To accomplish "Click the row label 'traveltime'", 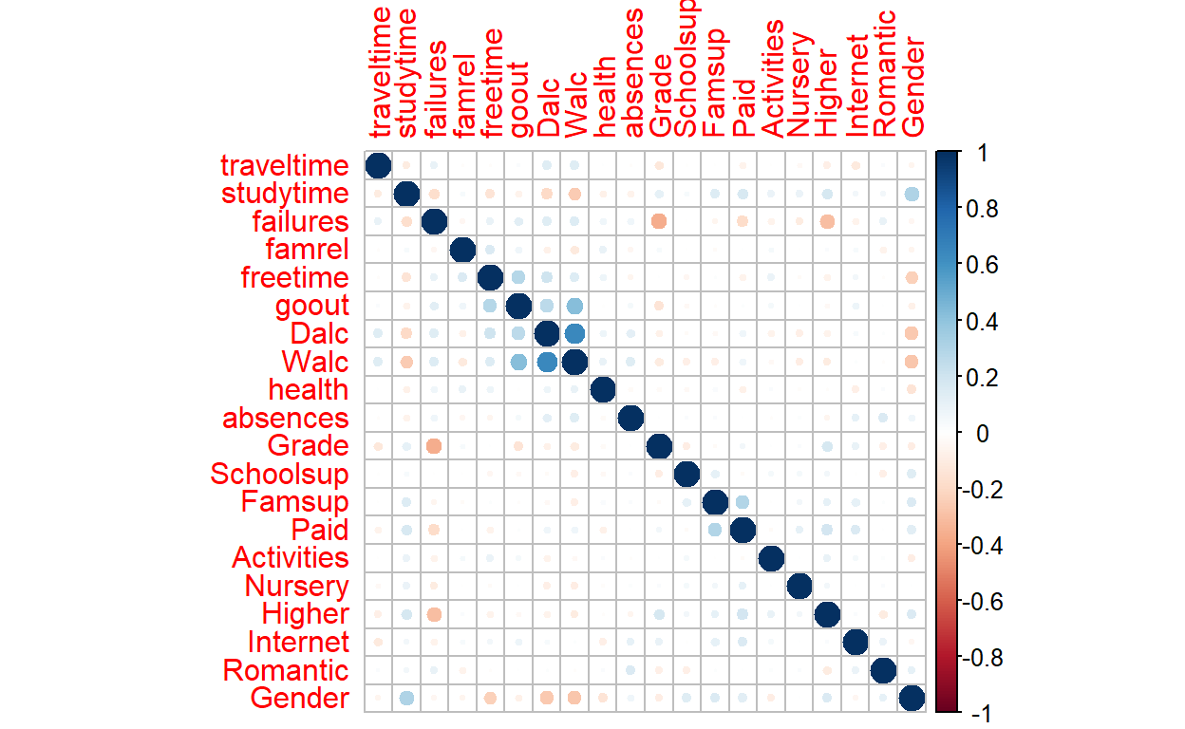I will pyautogui.click(x=285, y=166).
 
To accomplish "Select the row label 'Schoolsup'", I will pyautogui.click(x=279, y=475).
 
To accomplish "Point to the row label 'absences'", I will pyautogui.click(x=285, y=419).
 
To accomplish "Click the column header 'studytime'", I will pyautogui.click(x=406, y=72).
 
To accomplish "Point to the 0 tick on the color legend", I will pyautogui.click(x=984, y=433).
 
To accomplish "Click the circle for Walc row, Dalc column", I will pyautogui.click(x=547, y=363).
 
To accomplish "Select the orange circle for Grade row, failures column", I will pyautogui.click(x=434, y=446).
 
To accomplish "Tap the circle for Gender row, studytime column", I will pyautogui.click(x=406, y=699).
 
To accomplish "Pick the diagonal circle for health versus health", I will pyautogui.click(x=603, y=390).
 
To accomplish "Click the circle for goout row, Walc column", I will pyautogui.click(x=574, y=306).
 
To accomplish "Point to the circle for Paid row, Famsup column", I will pyautogui.click(x=715, y=530).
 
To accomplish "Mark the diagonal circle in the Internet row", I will pyautogui.click(x=856, y=643).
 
